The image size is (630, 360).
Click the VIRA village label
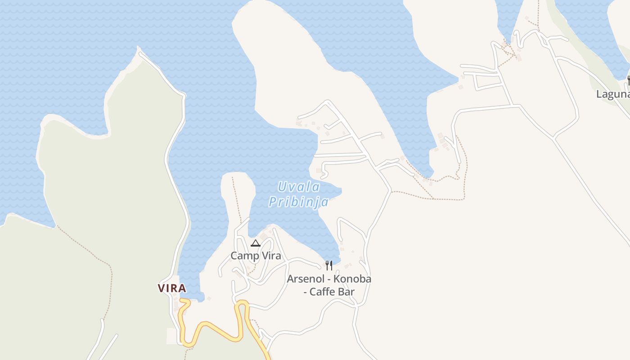[x=172, y=288]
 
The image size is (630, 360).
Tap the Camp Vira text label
[x=256, y=256]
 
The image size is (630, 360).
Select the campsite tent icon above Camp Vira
[x=255, y=243]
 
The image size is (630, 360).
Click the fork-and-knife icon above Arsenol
[x=329, y=265]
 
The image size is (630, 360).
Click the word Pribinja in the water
[x=298, y=202]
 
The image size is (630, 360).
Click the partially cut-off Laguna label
[x=612, y=94]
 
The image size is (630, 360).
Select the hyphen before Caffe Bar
[x=306, y=292]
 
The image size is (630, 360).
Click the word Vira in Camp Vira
[x=271, y=256]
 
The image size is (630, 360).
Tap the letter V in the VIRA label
[x=161, y=288]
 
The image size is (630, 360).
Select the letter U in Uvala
[x=283, y=187]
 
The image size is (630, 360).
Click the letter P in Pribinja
[x=273, y=202]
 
